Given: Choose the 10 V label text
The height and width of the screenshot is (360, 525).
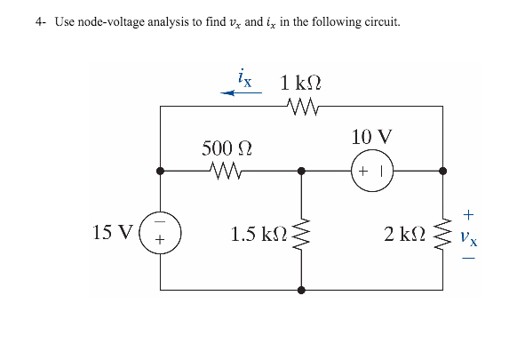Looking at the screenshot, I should [x=370, y=138].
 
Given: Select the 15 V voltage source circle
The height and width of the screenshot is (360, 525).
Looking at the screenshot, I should [x=161, y=233].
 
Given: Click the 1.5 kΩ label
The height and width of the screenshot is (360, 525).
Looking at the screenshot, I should [x=258, y=235].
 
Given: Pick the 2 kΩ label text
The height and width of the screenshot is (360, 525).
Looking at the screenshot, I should [x=404, y=235].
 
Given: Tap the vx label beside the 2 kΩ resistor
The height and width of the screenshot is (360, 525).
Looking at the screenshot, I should [x=470, y=237].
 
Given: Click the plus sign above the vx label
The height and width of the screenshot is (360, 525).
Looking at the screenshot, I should [x=470, y=214].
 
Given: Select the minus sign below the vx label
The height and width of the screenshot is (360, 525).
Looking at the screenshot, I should [x=470, y=259].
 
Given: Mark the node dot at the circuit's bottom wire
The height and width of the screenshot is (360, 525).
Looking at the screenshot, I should [x=301, y=290].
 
